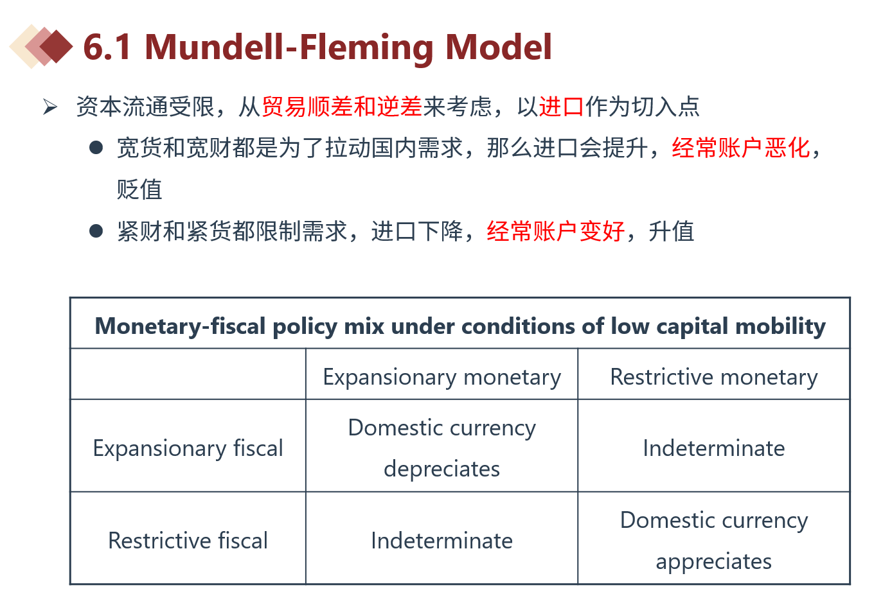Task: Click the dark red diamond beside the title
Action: click(57, 46)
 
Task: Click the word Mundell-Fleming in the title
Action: click(289, 48)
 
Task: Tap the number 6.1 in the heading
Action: click(107, 48)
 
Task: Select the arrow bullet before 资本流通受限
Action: click(50, 107)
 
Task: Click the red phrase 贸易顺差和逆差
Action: click(342, 107)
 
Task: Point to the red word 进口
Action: click(561, 107)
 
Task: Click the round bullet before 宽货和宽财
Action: click(96, 148)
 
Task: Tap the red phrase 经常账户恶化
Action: click(741, 148)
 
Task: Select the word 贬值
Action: click(139, 189)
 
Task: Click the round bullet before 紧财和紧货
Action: click(96, 231)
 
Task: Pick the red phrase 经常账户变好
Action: click(556, 231)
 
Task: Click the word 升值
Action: click(672, 231)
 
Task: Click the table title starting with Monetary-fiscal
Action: click(460, 326)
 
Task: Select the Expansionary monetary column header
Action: click(442, 378)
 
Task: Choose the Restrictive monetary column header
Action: click(714, 377)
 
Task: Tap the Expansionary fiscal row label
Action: click(188, 448)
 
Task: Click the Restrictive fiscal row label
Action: click(188, 540)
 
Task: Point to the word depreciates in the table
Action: click(442, 469)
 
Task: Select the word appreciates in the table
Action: click(713, 561)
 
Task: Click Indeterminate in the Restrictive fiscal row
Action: click(442, 540)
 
